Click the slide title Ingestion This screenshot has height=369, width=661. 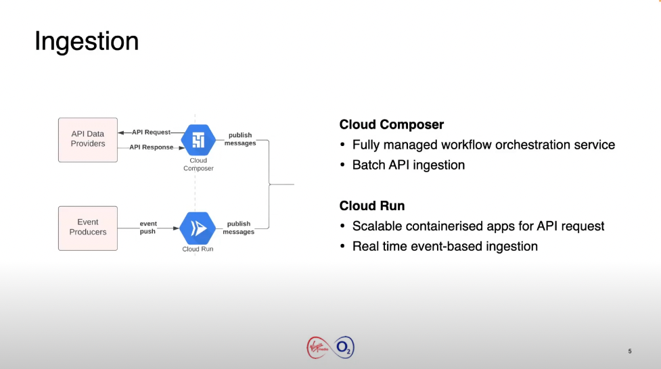pyautogui.click(x=87, y=42)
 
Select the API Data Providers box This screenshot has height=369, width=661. pyautogui.click(x=88, y=139)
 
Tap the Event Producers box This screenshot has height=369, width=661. pyautogui.click(x=88, y=228)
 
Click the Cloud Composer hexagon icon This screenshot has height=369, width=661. pyautogui.click(x=198, y=140)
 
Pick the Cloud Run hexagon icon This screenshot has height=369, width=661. pyautogui.click(x=198, y=228)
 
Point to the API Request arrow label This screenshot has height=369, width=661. pyautogui.click(x=151, y=132)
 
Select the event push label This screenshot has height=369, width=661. pyautogui.click(x=148, y=228)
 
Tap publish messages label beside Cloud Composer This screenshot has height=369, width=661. pyautogui.click(x=240, y=139)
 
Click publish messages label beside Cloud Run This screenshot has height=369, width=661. pyautogui.click(x=239, y=228)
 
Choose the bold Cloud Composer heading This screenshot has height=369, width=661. pyautogui.click(x=392, y=125)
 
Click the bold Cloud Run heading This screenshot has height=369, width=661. pyautogui.click(x=372, y=206)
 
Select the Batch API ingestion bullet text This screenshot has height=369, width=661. pyautogui.click(x=409, y=165)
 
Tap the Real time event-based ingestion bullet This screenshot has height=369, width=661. pyautogui.click(x=445, y=246)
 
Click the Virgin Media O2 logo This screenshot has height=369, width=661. pyautogui.click(x=330, y=348)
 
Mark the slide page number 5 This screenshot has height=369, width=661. pyautogui.click(x=630, y=351)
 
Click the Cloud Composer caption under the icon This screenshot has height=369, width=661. pyautogui.click(x=198, y=165)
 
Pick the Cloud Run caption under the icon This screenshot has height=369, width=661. pyautogui.click(x=198, y=249)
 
